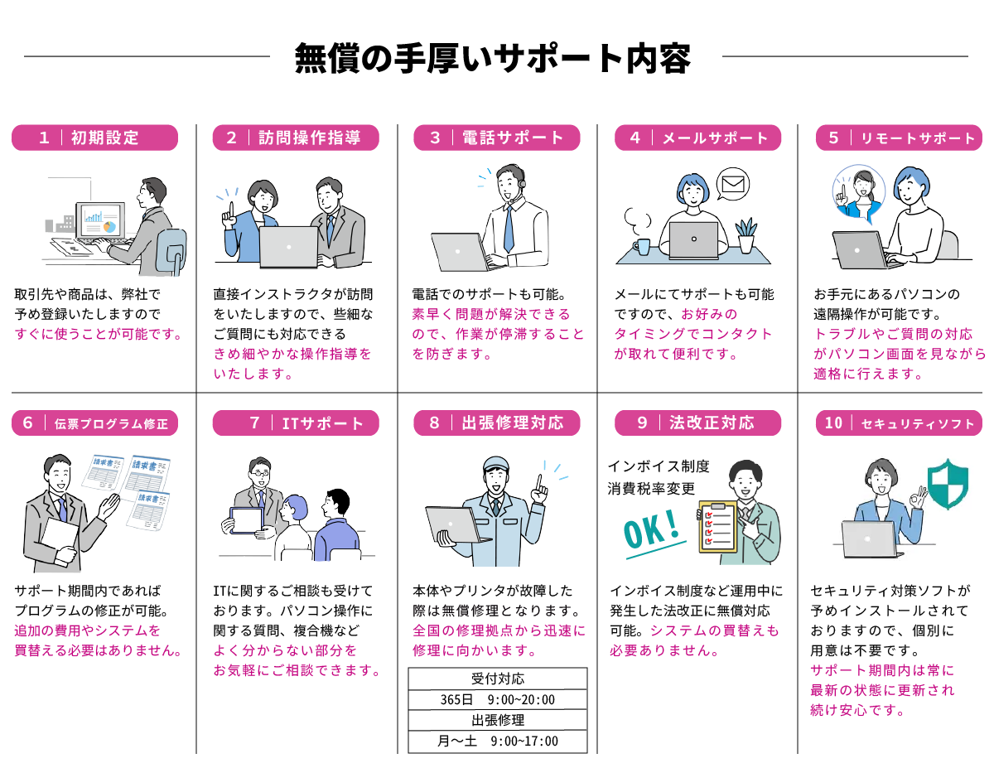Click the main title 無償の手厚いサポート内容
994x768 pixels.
(x=494, y=58)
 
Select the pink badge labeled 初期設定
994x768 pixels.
(x=94, y=138)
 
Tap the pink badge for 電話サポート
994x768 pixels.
(x=497, y=138)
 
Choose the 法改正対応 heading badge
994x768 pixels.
(x=697, y=423)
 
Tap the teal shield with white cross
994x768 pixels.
(x=948, y=484)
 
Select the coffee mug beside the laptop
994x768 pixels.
(x=642, y=246)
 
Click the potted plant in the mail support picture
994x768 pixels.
(x=746, y=235)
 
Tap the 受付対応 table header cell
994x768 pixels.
(x=497, y=679)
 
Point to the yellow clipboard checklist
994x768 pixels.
(x=717, y=527)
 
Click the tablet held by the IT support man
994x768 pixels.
(x=246, y=520)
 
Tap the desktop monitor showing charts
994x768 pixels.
(x=99, y=220)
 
